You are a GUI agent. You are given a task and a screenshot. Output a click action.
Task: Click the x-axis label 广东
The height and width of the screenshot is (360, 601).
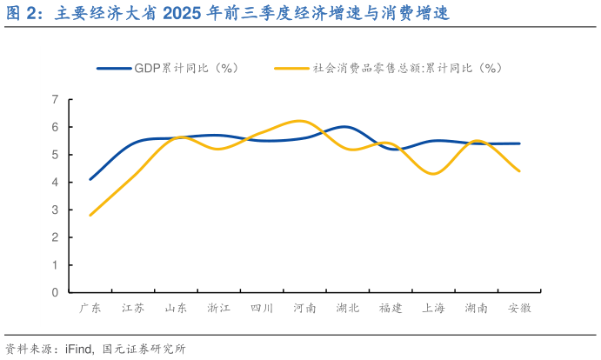tap(90, 309)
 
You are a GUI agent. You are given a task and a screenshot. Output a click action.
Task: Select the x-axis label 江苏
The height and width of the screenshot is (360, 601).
tap(133, 309)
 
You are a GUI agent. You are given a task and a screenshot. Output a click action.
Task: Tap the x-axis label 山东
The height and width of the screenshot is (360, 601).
tap(177, 309)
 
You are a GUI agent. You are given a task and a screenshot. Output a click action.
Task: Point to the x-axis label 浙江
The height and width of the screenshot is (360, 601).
tap(219, 309)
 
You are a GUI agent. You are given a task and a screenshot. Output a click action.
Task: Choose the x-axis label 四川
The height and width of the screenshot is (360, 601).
tap(262, 309)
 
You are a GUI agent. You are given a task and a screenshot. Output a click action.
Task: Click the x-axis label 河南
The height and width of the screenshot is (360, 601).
tap(305, 309)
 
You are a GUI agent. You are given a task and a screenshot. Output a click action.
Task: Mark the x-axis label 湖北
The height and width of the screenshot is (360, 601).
tap(348, 309)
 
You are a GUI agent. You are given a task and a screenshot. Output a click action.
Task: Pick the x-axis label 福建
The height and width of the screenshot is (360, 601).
tap(391, 309)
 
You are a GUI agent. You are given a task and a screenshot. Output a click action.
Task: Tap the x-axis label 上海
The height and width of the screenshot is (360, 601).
tap(434, 309)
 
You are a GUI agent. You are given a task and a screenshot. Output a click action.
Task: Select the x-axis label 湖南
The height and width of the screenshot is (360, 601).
tap(477, 309)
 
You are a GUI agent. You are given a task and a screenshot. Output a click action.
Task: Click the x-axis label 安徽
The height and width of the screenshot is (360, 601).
tap(519, 309)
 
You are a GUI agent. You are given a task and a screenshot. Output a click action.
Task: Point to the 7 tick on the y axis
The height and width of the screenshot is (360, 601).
tap(55, 100)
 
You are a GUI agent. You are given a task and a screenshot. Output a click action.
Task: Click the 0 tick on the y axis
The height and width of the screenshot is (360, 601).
tap(55, 292)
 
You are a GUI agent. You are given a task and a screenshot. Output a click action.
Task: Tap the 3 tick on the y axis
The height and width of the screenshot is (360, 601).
tap(55, 210)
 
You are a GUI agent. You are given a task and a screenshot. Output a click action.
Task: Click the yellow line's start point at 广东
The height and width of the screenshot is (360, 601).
tap(90, 215)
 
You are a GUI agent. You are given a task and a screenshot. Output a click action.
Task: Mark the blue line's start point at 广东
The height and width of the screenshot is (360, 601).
tap(90, 179)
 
